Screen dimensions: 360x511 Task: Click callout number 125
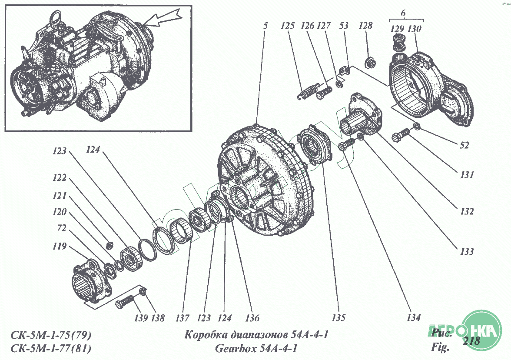[x=288, y=26]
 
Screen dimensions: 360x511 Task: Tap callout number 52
[x=464, y=146]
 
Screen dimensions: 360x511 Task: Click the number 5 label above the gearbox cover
[x=265, y=26]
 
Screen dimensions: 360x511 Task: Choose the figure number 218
[x=471, y=341]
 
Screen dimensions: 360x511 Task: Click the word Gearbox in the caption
[x=235, y=348]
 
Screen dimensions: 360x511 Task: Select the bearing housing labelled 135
[x=316, y=144]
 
